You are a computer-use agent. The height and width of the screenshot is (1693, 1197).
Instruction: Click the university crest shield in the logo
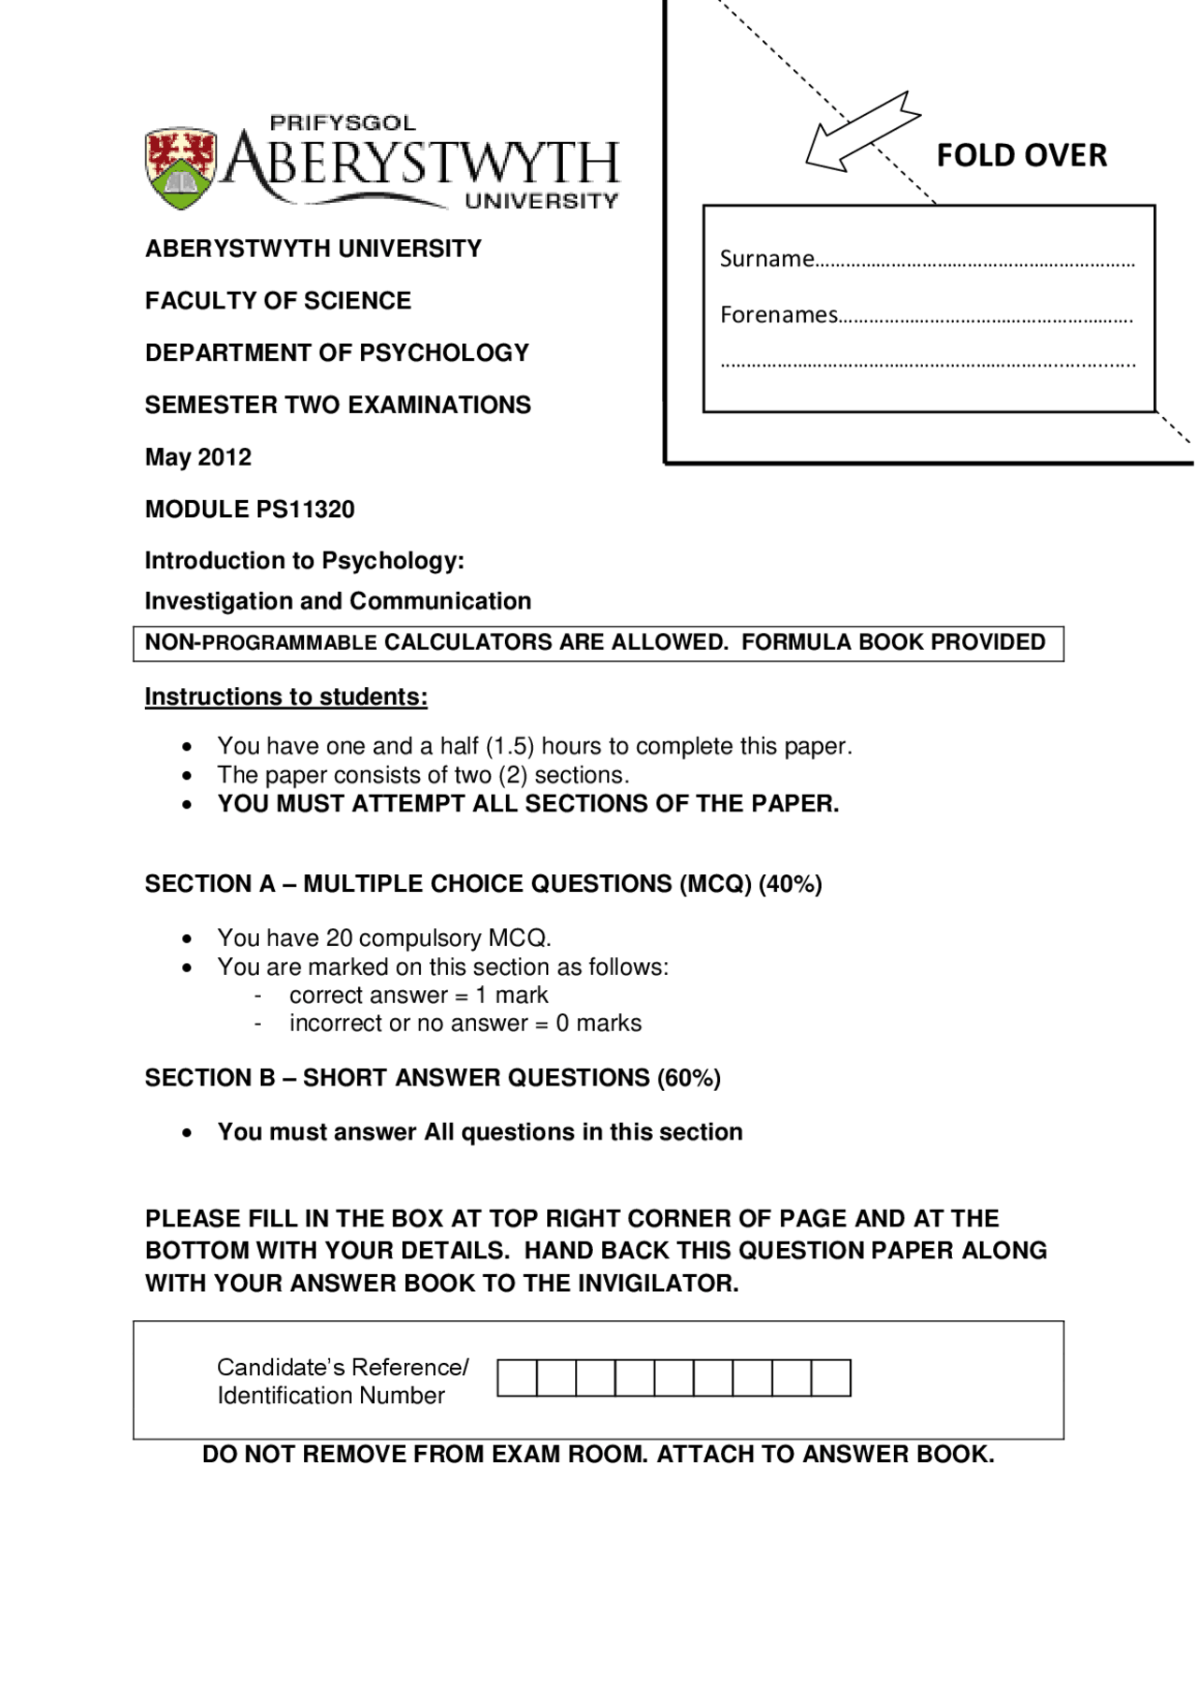181,168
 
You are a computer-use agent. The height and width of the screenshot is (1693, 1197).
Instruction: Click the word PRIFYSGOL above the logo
342,122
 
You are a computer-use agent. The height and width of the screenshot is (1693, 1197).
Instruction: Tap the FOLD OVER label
1021,155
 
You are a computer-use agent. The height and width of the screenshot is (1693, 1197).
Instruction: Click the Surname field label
767,259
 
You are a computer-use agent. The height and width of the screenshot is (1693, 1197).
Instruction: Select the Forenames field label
778,315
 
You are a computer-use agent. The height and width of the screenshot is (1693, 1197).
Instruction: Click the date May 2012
198,457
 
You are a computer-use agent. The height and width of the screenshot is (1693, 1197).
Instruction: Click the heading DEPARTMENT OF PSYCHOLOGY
337,353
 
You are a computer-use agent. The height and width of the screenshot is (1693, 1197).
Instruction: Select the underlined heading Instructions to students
286,697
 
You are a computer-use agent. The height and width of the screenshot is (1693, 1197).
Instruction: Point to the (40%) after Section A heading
790,884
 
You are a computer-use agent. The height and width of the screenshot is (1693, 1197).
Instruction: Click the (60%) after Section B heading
688,1078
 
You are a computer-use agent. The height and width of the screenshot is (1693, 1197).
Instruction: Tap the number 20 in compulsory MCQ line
339,938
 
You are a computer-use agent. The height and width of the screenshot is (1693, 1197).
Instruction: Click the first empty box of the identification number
517,1378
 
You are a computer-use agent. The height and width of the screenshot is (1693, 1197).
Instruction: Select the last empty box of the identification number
830,1378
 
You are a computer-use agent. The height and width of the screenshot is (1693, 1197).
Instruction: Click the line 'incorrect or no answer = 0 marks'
465,1024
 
